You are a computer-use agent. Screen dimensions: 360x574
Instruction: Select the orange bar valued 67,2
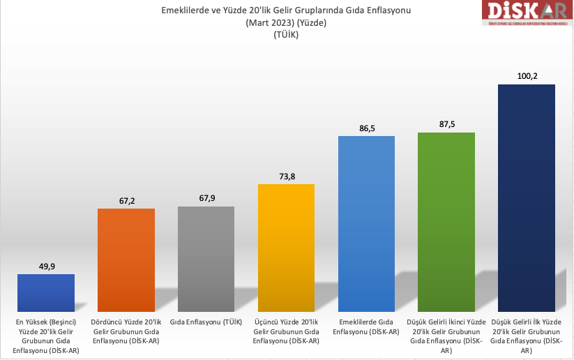point(126,260)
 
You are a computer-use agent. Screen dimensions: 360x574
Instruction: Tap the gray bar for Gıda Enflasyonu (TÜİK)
point(206,259)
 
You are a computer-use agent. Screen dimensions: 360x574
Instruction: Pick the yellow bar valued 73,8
point(286,248)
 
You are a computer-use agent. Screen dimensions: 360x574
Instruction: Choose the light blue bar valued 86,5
point(366,223)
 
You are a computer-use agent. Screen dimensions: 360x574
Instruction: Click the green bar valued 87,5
point(446,222)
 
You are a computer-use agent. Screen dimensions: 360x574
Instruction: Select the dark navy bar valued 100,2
point(527,198)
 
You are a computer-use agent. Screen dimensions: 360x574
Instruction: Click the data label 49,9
point(46,265)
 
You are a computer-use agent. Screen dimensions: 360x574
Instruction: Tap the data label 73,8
point(286,176)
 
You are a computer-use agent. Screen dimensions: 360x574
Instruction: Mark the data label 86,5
point(366,128)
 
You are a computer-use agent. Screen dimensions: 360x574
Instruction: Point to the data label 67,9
point(206,198)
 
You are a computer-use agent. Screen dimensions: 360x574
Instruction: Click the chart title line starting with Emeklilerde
point(286,10)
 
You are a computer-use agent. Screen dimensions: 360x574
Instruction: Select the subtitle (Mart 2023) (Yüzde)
point(286,23)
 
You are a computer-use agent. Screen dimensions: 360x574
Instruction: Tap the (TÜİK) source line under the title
point(286,35)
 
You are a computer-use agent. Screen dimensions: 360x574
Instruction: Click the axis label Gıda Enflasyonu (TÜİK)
point(206,322)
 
